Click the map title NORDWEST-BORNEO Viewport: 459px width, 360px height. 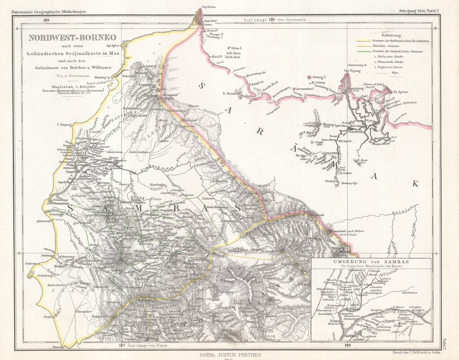[72, 38]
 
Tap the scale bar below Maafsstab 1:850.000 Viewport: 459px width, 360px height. [73, 90]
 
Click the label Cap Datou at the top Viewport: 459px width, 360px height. [209, 7]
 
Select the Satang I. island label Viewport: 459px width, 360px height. [319, 77]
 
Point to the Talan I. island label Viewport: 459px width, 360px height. [236, 48]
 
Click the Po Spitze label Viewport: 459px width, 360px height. [400, 92]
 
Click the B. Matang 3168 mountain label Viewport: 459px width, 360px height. [327, 125]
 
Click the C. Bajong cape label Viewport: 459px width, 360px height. [64, 124]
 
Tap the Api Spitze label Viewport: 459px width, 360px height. [113, 45]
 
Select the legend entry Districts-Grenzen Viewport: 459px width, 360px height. [386, 46]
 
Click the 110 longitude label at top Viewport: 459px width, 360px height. [272, 20]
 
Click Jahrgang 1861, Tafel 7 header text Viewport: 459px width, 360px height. [419, 11]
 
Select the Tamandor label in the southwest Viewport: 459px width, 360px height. [84, 311]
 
